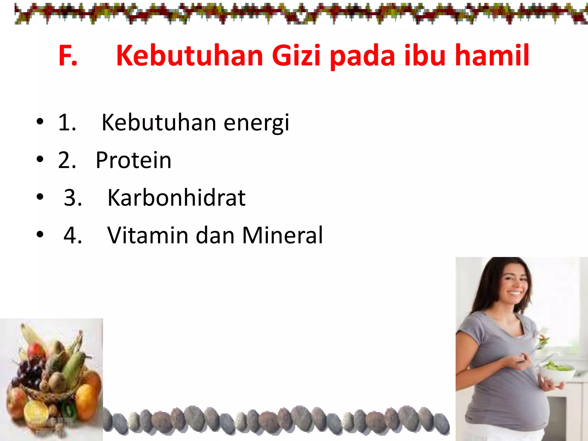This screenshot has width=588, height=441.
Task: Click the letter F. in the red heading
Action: (68, 56)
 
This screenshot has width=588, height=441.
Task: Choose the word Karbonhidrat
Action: (177, 198)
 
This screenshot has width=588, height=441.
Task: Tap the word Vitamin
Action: (148, 235)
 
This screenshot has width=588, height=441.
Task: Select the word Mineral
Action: (283, 235)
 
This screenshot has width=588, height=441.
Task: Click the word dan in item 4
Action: (215, 235)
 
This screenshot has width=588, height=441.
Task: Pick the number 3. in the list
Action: (73, 198)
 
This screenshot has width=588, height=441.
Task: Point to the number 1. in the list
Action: (67, 123)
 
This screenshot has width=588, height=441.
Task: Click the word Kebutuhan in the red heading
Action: (190, 56)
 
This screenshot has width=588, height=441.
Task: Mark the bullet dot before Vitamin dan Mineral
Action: (40, 234)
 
